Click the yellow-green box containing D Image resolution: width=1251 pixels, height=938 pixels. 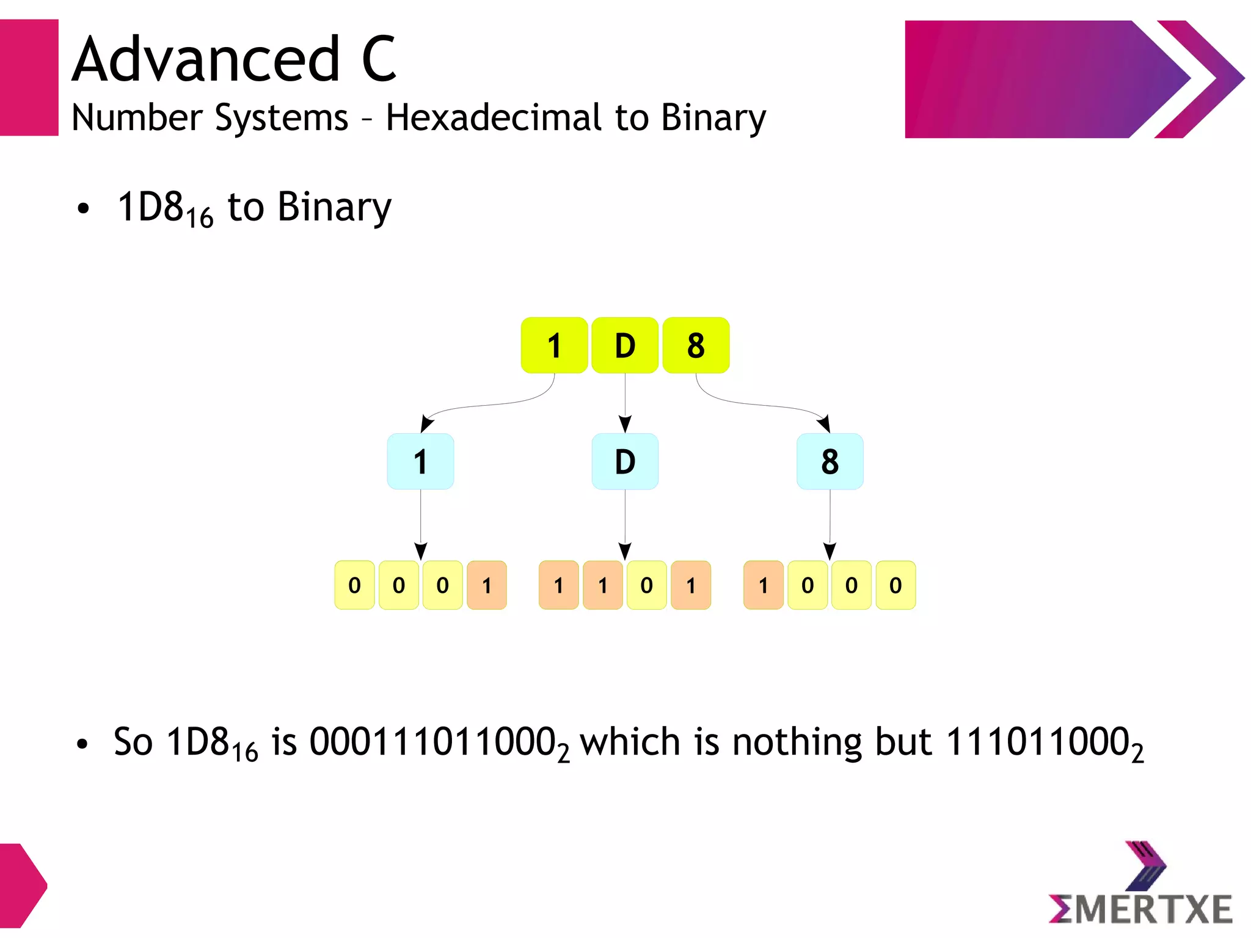pos(624,345)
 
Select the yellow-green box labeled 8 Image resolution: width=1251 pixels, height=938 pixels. pos(696,345)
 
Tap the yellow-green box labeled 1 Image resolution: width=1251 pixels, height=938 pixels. pos(554,345)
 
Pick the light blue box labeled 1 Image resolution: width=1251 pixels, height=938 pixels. pos(420,461)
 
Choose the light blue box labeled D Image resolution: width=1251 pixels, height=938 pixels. pos(624,461)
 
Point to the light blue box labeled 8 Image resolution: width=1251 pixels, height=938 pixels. pos(830,461)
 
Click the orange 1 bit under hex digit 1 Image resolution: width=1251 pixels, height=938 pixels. pos(487,585)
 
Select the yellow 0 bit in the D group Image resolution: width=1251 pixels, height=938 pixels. pos(646,585)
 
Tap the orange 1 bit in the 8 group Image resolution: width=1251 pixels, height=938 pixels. pos(763,585)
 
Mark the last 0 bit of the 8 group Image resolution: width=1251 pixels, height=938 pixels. pos(895,585)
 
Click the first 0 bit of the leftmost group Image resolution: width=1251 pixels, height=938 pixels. pos(354,585)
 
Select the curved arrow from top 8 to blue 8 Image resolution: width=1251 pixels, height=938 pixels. pos(764,405)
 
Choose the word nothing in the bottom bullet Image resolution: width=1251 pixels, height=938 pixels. pos(797,742)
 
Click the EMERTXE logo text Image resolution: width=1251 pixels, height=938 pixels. pos(1141,909)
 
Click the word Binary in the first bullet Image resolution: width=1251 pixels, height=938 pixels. pos(334,207)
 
